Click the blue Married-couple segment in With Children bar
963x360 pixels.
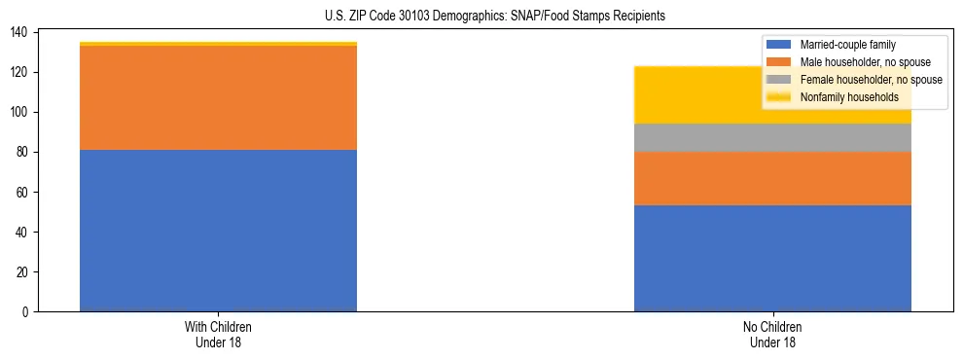coord(218,231)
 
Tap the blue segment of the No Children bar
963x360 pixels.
coord(772,258)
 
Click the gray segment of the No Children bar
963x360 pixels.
coord(772,138)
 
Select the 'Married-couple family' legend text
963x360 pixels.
coord(846,45)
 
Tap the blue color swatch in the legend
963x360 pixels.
coord(779,45)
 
